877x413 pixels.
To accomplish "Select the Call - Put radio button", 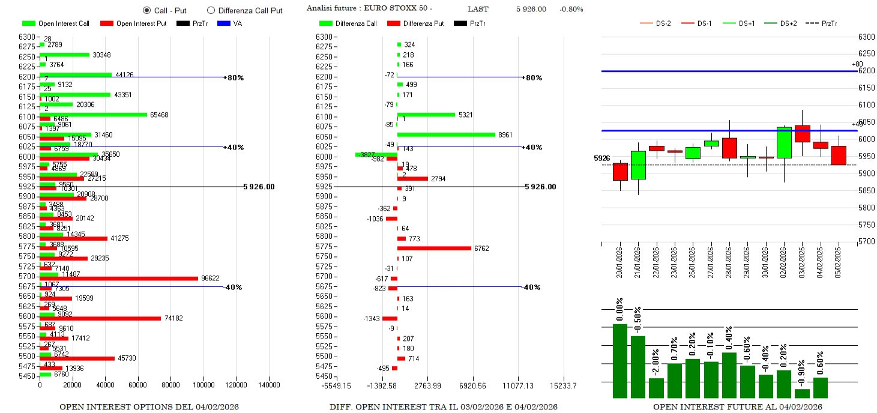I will (146, 10).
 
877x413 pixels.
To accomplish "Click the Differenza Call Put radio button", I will (211, 10).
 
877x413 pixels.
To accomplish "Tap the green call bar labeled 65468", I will (93, 115).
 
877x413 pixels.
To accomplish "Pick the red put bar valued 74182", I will (100, 318).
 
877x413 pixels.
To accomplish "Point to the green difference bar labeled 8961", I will (446, 134).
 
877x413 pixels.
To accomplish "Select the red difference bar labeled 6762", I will (434, 248).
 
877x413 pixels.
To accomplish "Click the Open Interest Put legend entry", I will (133, 23).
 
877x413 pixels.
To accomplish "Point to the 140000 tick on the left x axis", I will (268, 385).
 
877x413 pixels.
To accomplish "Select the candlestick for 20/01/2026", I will (620, 172).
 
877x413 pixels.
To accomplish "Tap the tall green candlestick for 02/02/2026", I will (783, 142).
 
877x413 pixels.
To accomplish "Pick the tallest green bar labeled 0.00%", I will (620, 360).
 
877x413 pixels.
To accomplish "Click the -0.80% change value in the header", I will (571, 9).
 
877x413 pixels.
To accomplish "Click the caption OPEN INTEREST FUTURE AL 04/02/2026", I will (737, 407).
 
